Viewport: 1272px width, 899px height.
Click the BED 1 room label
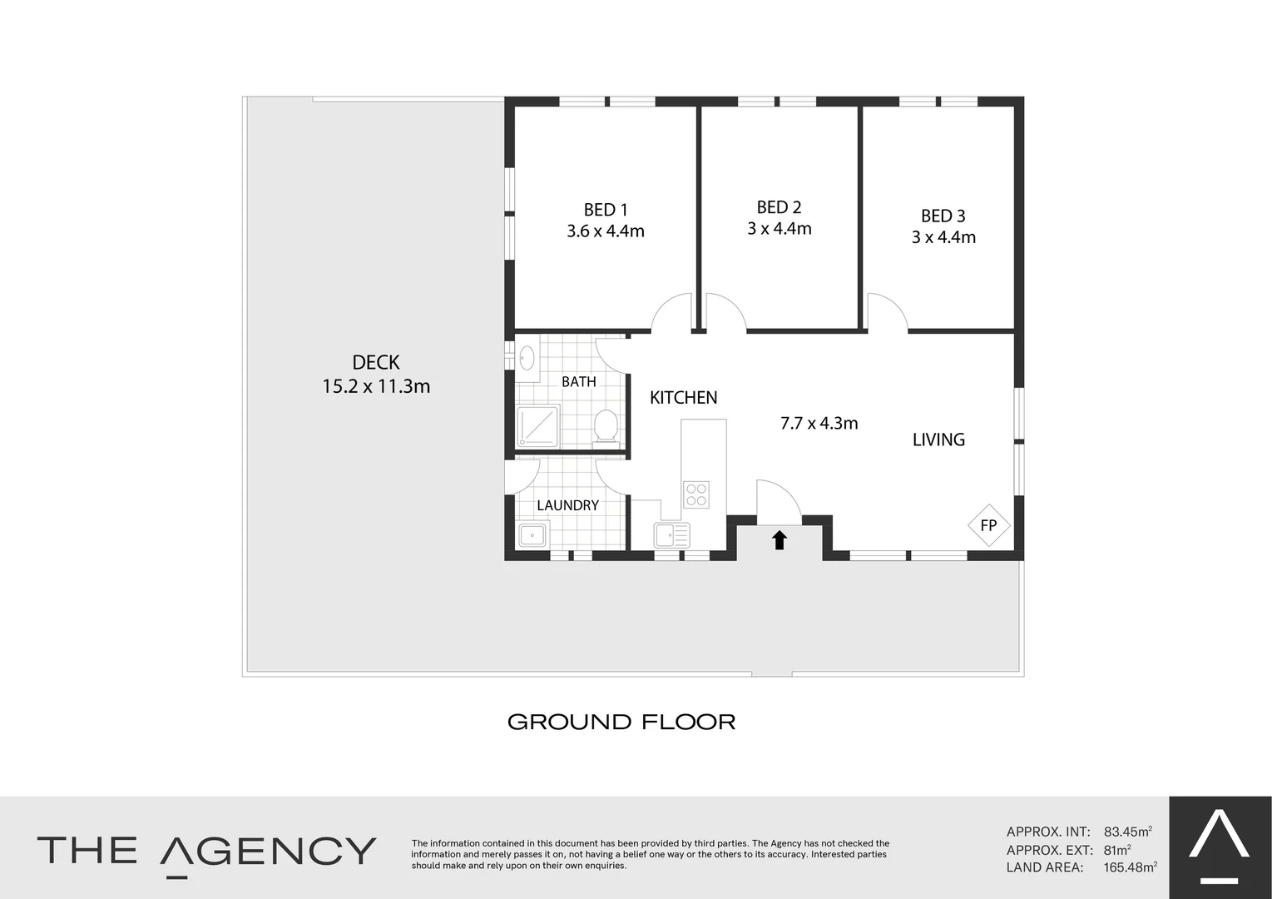pyautogui.click(x=605, y=210)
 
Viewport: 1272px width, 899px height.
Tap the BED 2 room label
pyautogui.click(x=779, y=207)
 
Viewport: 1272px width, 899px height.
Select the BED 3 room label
pyautogui.click(x=943, y=216)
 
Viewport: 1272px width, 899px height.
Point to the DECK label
pyautogui.click(x=376, y=362)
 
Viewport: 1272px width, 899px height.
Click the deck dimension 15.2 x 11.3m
pyautogui.click(x=376, y=386)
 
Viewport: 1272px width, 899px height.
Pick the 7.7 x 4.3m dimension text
pyautogui.click(x=819, y=423)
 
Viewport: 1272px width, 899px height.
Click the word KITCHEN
pyautogui.click(x=683, y=398)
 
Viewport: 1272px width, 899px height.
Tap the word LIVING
pyautogui.click(x=938, y=440)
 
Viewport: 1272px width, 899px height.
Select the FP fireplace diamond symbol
pyautogui.click(x=988, y=525)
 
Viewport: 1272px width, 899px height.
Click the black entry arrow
pyautogui.click(x=779, y=540)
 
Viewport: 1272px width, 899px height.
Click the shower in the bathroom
pyautogui.click(x=537, y=426)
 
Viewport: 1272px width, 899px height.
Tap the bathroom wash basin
pyautogui.click(x=527, y=359)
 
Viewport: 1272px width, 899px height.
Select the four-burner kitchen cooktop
pyautogui.click(x=696, y=494)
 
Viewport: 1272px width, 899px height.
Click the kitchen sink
pyautogui.click(x=671, y=534)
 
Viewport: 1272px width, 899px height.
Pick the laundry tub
pyautogui.click(x=532, y=534)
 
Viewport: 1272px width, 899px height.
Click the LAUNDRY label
pyautogui.click(x=567, y=505)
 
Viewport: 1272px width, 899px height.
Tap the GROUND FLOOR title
pyautogui.click(x=621, y=722)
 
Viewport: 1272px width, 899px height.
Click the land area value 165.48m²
pyautogui.click(x=1130, y=867)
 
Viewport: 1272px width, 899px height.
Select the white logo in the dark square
pyautogui.click(x=1220, y=840)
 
